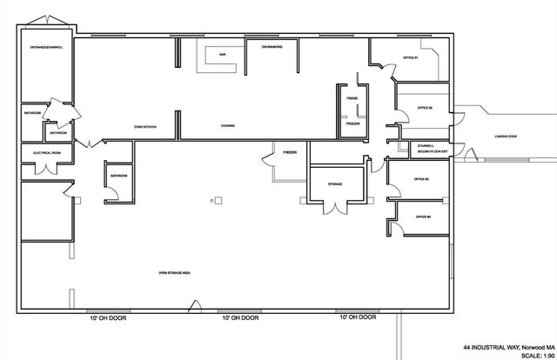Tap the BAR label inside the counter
tap(223, 55)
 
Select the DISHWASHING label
tap(271, 47)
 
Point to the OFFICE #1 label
tap(411, 57)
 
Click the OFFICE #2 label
tap(425, 108)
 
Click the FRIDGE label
tap(352, 98)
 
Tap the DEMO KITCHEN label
tap(144, 126)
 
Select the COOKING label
tap(228, 126)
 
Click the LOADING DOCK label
tap(507, 137)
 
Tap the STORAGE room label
tap(335, 184)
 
